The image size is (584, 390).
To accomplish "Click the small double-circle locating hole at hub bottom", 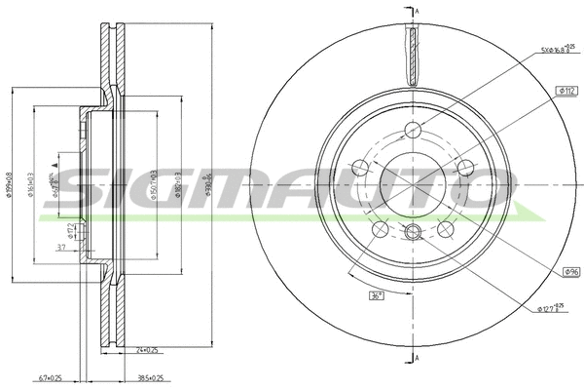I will click(x=413, y=231).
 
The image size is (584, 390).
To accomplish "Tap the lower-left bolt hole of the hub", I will click(x=382, y=228).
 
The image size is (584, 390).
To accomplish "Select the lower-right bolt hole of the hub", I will click(x=446, y=228).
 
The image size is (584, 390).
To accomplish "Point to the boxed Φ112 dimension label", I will click(x=568, y=90).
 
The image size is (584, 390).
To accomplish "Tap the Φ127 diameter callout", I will click(x=552, y=310).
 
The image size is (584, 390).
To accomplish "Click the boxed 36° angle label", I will click(x=374, y=295).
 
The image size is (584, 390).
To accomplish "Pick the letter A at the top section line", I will click(x=417, y=10).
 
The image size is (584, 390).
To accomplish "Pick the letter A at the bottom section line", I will click(x=417, y=360).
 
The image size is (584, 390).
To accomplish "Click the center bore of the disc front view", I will click(x=414, y=183).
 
